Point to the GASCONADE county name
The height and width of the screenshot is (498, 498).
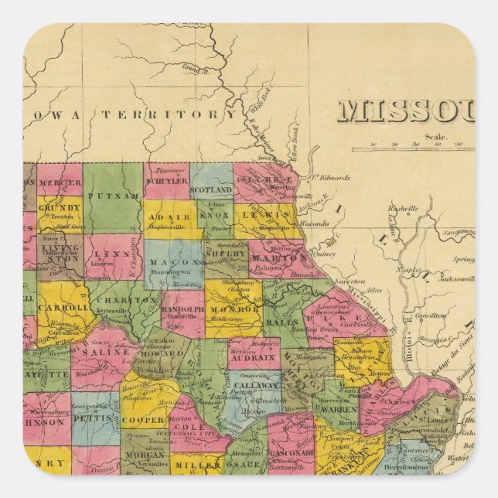(x=292, y=453)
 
